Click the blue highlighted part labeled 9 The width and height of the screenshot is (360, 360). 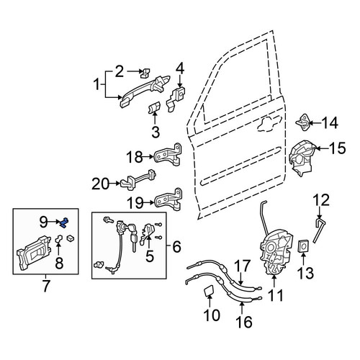(64, 222)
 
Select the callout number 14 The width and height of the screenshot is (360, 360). (330, 123)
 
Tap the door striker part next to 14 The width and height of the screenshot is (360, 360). (303, 122)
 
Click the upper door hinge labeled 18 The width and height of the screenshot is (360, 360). (168, 156)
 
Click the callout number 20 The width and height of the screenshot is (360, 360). (100, 184)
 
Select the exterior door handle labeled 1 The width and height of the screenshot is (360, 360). (144, 91)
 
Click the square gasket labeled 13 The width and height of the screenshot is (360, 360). (304, 246)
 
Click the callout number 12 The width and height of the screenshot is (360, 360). (322, 200)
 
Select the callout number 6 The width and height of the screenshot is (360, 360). (176, 247)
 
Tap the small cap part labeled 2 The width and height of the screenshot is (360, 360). (145, 73)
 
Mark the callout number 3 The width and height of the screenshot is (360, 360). (156, 132)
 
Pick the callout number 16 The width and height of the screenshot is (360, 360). (244, 321)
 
